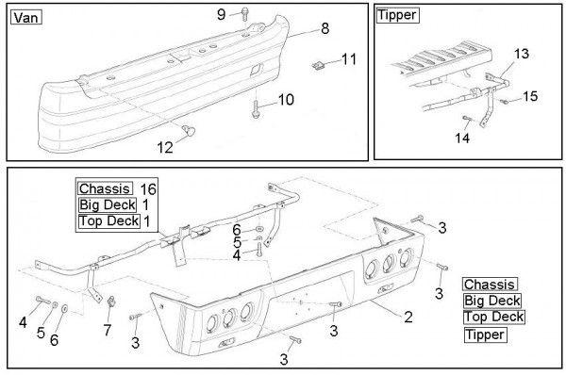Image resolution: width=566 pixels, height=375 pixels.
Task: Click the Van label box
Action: pyautogui.click(x=26, y=17)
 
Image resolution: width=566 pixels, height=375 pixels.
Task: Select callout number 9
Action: pyautogui.click(x=222, y=14)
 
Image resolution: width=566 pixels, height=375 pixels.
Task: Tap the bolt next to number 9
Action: pyautogui.click(x=244, y=14)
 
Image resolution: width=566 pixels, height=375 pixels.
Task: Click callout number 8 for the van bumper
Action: pyautogui.click(x=325, y=28)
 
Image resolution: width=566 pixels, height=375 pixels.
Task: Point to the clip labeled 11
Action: pyautogui.click(x=318, y=65)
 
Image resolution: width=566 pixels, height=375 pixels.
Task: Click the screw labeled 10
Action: pyautogui.click(x=256, y=109)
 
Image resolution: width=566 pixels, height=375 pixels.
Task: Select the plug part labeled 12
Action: pyautogui.click(x=189, y=130)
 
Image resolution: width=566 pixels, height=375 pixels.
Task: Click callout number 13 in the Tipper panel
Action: pyautogui.click(x=522, y=54)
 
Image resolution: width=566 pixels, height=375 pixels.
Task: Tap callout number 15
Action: pyautogui.click(x=530, y=96)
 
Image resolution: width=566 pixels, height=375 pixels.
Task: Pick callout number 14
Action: pyautogui.click(x=462, y=138)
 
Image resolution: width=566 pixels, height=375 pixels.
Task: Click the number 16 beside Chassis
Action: pyautogui.click(x=148, y=188)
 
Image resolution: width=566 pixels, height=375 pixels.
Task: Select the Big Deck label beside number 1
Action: pyautogui.click(x=108, y=204)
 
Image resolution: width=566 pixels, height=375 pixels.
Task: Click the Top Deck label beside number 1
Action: pyautogui.click(x=109, y=220)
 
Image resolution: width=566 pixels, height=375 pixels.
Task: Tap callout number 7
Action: pyautogui.click(x=108, y=330)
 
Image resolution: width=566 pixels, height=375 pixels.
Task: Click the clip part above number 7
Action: pyautogui.click(x=111, y=302)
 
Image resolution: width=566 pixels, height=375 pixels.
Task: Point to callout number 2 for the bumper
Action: pyautogui.click(x=408, y=317)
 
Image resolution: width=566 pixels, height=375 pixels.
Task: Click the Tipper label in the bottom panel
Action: pyautogui.click(x=485, y=334)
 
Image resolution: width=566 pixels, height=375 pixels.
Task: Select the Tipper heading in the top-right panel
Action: pyautogui.click(x=397, y=15)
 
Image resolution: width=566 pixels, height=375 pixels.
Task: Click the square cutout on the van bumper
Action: pyautogui.click(x=257, y=70)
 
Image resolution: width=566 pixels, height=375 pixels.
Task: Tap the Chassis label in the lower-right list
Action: pyautogui.click(x=490, y=285)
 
